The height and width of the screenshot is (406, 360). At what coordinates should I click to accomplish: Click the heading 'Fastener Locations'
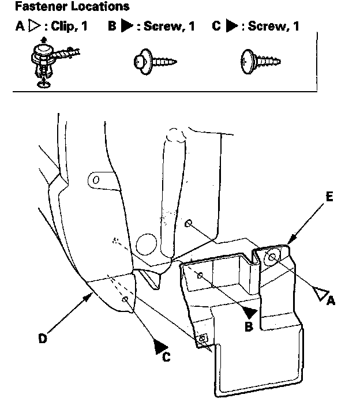pos(72,7)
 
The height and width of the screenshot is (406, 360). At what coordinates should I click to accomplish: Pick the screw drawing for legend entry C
pos(259,59)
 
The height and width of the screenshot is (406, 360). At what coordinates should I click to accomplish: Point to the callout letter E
pos(328,197)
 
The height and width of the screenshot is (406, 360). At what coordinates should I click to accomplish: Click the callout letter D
pos(43,339)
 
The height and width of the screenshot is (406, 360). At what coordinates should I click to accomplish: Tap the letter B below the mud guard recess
pos(249,327)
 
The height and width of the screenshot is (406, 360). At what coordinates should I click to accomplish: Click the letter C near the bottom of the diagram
pos(166,358)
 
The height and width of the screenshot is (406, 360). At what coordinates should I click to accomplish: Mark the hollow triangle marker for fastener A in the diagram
pos(320,293)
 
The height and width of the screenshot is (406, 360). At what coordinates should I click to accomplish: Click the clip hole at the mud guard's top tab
pos(271,257)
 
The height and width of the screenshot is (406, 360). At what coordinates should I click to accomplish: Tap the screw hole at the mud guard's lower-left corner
pos(202,339)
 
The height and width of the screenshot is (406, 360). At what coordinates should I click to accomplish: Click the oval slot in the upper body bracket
pos(96,180)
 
